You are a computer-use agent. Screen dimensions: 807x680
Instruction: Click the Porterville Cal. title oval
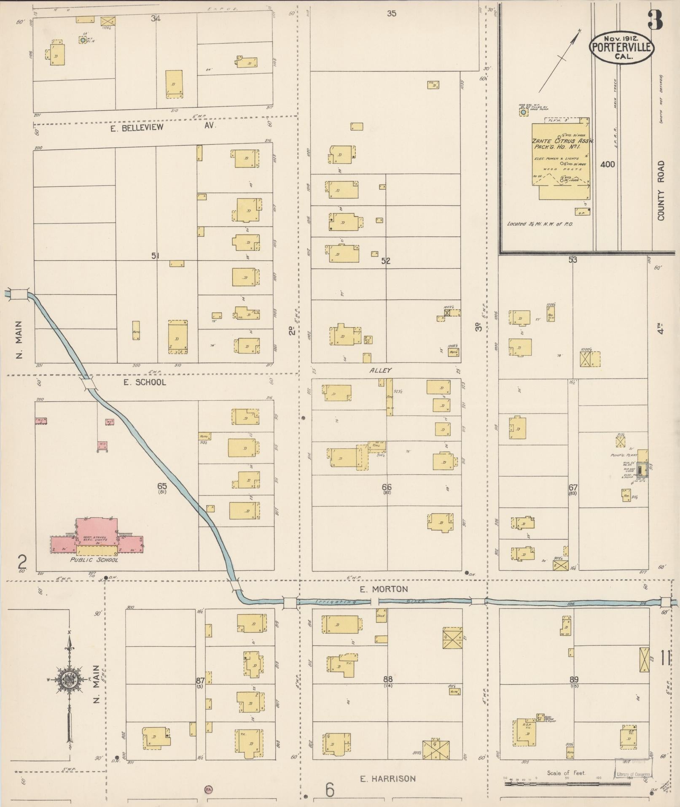pyautogui.click(x=621, y=48)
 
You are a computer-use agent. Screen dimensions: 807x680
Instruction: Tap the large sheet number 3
pyautogui.click(x=655, y=20)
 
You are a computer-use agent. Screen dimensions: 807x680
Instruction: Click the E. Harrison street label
pyautogui.click(x=387, y=779)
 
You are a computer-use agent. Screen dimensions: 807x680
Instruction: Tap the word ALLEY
pyautogui.click(x=380, y=370)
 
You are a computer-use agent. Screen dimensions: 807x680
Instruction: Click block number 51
pyautogui.click(x=156, y=256)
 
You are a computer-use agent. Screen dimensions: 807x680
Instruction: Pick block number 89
pyautogui.click(x=574, y=679)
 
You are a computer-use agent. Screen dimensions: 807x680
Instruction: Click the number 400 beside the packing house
pyautogui.click(x=607, y=164)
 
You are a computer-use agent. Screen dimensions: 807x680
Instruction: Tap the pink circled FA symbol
pyautogui.click(x=208, y=788)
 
